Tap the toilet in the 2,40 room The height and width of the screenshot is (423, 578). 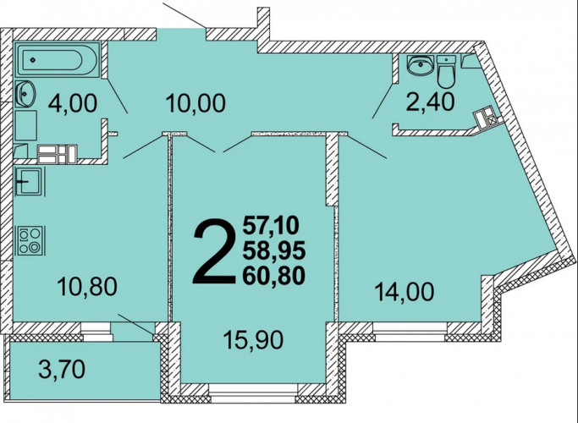click(447, 71)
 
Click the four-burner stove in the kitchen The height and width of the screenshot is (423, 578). click(30, 240)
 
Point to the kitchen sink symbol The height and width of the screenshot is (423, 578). click(30, 181)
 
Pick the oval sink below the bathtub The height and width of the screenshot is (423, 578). click(25, 93)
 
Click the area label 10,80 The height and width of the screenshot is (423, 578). click(87, 287)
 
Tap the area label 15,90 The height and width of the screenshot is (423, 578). click(255, 339)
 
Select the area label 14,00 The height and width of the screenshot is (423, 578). click(404, 292)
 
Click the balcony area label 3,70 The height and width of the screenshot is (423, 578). click(62, 369)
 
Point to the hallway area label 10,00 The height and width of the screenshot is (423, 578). click(195, 103)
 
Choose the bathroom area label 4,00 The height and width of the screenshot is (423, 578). click(73, 103)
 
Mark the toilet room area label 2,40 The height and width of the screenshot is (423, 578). click(430, 102)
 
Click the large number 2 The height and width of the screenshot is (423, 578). click(214, 251)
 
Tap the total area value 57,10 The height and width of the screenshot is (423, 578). click(271, 226)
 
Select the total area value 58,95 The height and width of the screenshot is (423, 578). click(274, 251)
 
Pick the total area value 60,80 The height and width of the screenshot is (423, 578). click(274, 276)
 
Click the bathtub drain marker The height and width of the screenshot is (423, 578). click(33, 60)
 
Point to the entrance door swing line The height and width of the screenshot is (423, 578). click(184, 14)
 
